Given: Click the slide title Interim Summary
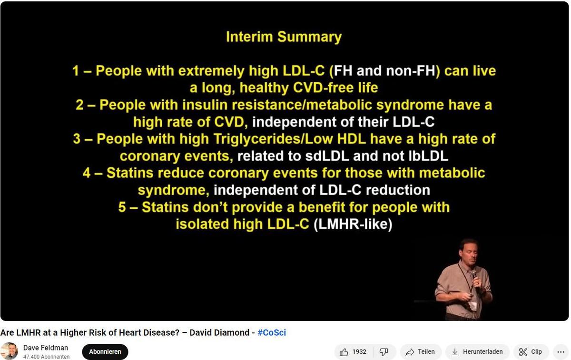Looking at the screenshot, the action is tap(284, 37).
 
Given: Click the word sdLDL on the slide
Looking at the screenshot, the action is tap(327, 156).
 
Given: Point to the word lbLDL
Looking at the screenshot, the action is tap(428, 156).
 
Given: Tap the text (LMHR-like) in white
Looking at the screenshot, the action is tap(353, 224).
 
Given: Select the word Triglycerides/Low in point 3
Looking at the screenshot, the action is tap(273, 139).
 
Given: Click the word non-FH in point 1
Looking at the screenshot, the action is tap(411, 70).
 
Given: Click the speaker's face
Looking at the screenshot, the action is tap(469, 252).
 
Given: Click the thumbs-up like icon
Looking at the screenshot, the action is tap(344, 352).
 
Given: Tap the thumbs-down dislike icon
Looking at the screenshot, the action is tap(384, 352).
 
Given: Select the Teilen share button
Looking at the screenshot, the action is tap(421, 351).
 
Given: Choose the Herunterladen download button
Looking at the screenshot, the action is tap(477, 351).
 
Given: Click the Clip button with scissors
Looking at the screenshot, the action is tap(531, 351).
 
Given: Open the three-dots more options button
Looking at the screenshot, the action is tap(561, 352).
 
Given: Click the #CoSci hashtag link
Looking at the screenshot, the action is tap(272, 332).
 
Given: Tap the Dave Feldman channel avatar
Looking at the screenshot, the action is tap(9, 351).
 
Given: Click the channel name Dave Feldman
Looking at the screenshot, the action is tap(46, 348).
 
